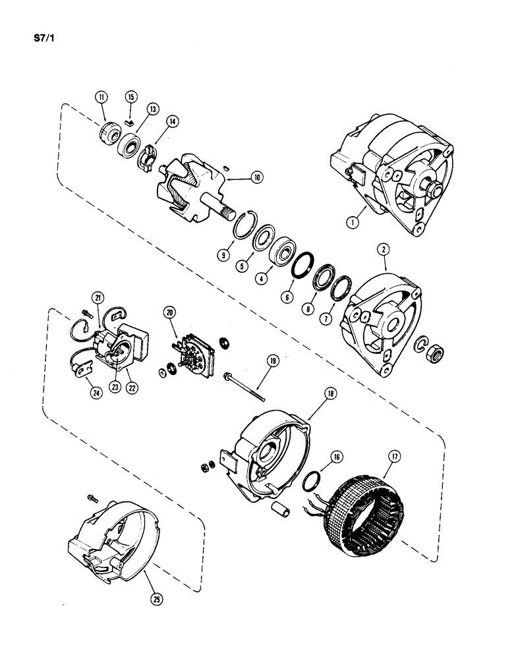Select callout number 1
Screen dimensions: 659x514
point(353,222)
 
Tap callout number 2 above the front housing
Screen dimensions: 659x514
point(381,250)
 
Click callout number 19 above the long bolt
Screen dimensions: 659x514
point(271,360)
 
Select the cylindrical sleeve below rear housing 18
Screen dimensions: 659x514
point(280,511)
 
